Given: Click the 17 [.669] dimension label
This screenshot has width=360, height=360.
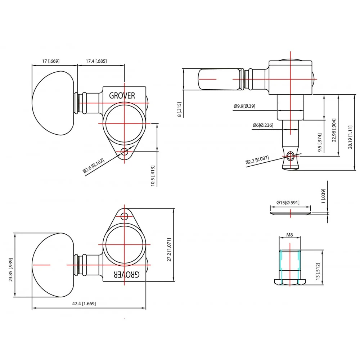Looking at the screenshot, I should pos(50,61).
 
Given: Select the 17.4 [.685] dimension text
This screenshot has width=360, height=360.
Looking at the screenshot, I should pos(96,61).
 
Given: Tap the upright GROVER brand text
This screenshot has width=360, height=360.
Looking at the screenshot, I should pos(122,95).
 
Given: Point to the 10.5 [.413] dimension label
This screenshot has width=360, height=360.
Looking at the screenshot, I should pos(153,176).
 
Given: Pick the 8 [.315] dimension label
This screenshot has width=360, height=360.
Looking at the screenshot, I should pos(179,109).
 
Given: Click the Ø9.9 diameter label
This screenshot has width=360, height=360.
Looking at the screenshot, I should pos(244,106).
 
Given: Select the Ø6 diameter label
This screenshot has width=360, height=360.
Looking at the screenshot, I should pos(263,125).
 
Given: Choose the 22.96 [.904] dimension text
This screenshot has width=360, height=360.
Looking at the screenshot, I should pos(334,130).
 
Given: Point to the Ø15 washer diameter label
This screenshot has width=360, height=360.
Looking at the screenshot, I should pos(288,203).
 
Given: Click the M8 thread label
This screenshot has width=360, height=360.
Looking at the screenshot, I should pos(289,235).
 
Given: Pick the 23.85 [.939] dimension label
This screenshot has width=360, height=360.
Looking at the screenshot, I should pos(11,265).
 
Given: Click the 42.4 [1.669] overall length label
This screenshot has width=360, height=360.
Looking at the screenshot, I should pos(84,303).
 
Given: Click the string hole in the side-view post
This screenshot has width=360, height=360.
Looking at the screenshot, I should pos(291,156).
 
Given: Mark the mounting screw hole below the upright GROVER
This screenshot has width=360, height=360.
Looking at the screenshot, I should pos(125,152).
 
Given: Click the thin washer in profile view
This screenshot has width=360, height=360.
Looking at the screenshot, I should pos(290,213).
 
